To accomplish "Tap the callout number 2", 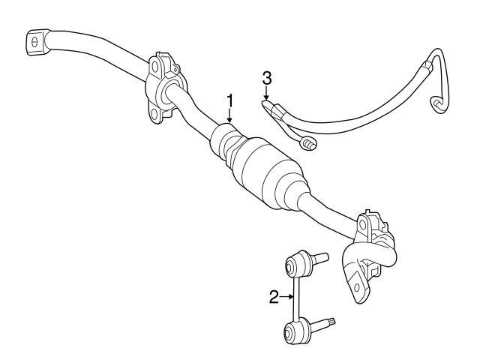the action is point(274,297).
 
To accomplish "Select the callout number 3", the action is point(267,78).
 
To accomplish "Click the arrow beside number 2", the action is point(286,296).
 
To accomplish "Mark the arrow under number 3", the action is point(267,93).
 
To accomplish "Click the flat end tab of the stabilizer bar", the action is point(37,42).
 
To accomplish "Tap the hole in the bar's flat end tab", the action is point(34,42).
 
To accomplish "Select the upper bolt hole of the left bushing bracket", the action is point(155,67).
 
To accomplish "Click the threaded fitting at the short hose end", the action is point(309,144).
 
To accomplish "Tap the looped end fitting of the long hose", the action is point(438,105).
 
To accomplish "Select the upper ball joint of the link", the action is point(296,262).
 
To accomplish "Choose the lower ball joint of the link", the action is point(295,331).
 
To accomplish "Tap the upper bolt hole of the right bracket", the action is point(363,225).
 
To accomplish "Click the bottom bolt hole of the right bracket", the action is point(357,287).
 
